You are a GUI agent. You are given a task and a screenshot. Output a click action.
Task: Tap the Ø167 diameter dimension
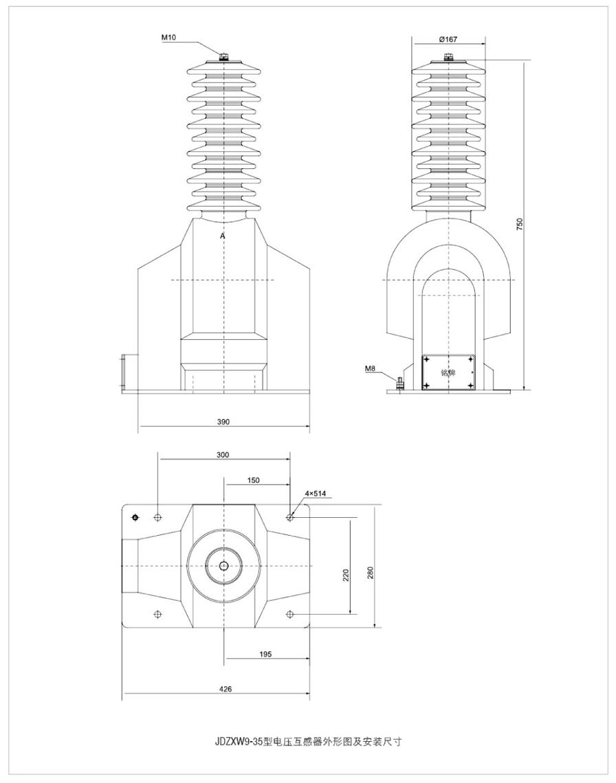click(x=448, y=39)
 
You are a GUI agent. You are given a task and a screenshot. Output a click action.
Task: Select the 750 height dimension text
click(x=520, y=225)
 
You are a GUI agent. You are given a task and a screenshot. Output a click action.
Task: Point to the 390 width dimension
click(x=223, y=421)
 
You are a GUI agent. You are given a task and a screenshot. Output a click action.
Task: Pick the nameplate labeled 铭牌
click(x=448, y=372)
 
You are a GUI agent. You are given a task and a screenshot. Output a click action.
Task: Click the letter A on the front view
click(x=222, y=236)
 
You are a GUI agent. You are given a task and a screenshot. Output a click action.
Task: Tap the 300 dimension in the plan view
click(x=223, y=455)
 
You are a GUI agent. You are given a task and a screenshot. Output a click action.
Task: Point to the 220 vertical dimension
click(x=346, y=573)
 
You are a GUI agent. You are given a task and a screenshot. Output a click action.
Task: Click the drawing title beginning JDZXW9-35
click(x=307, y=742)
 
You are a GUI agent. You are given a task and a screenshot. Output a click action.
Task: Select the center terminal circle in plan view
click(x=223, y=565)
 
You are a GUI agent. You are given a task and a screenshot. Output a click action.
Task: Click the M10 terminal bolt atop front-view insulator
click(x=223, y=57)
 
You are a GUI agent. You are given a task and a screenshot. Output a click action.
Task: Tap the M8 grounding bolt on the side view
click(x=399, y=381)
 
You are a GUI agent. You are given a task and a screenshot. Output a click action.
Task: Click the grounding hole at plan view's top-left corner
click(x=135, y=517)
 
